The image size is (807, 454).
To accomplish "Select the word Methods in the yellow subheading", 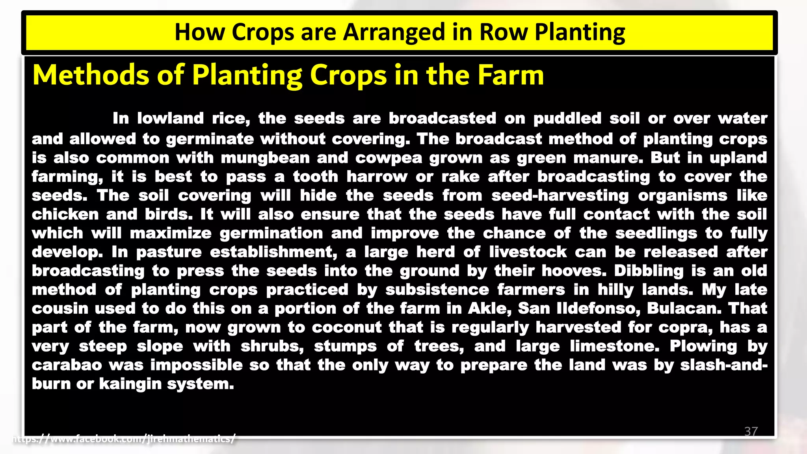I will [91, 75].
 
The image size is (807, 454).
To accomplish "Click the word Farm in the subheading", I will [511, 75].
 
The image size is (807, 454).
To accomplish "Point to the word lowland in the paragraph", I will [170, 118].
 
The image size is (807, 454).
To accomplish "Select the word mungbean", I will [265, 158].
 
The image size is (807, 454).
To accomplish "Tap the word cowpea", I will [389, 158].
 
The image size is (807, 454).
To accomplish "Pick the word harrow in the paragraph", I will [377, 177].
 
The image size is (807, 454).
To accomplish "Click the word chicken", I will [65, 214].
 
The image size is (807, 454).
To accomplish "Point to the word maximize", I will [171, 233].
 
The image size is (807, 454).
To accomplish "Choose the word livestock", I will [528, 252].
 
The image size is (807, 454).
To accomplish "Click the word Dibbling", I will [649, 271].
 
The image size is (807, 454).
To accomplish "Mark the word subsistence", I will [437, 290].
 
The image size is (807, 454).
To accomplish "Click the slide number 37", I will [751, 431].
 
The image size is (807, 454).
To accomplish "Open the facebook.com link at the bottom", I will [124, 438].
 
